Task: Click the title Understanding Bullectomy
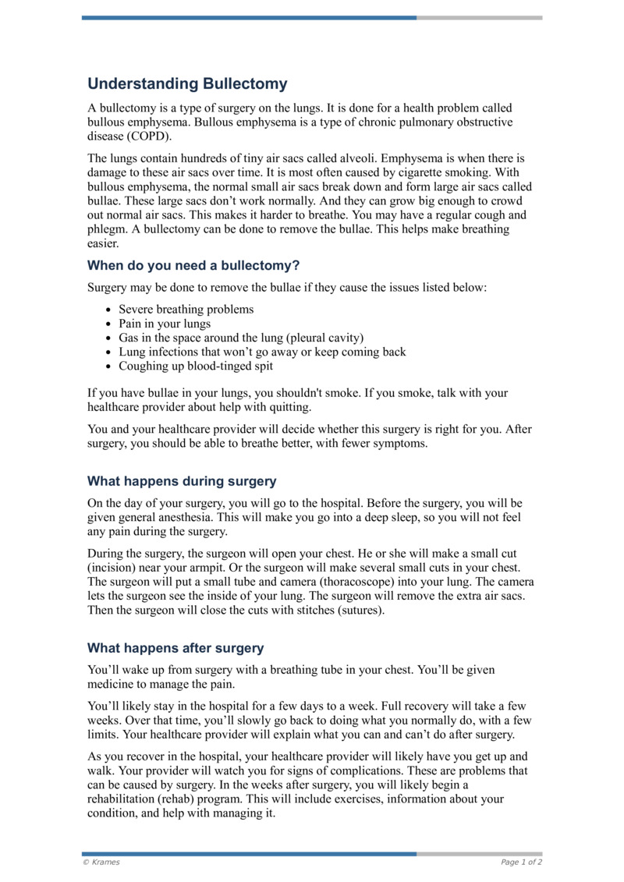click(187, 83)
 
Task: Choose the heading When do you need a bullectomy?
click(193, 265)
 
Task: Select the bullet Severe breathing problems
click(186, 310)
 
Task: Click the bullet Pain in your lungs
click(164, 324)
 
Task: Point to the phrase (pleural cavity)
click(324, 338)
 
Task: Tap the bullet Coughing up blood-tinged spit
click(195, 366)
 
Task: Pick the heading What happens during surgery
click(182, 481)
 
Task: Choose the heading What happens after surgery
click(175, 648)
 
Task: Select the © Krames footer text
click(101, 863)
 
